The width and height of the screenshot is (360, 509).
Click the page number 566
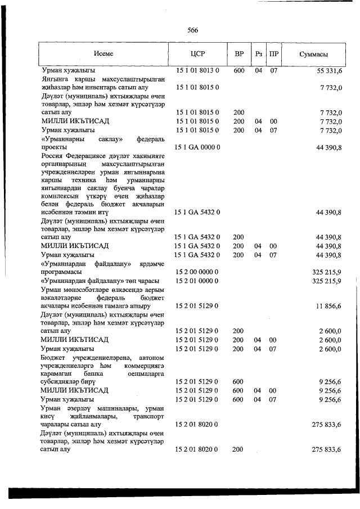click(193, 30)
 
